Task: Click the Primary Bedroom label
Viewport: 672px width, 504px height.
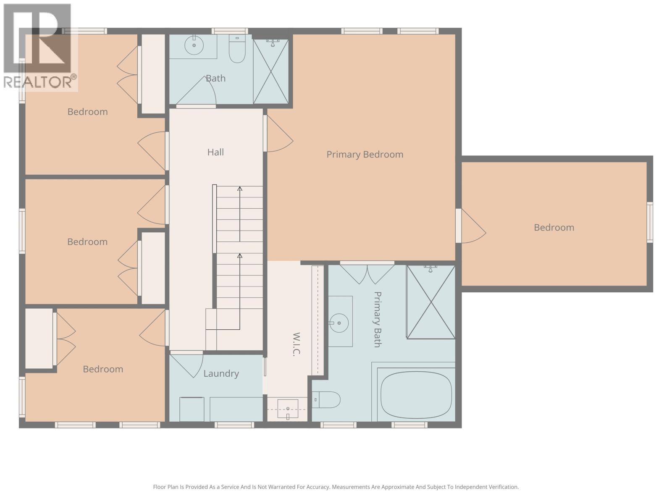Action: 365,154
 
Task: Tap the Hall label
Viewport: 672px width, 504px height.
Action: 215,152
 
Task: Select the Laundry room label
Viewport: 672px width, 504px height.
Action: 221,373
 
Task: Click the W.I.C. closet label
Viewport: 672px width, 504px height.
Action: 296,344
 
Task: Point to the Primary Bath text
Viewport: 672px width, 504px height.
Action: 377,319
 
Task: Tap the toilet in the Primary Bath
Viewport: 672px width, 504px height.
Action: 327,399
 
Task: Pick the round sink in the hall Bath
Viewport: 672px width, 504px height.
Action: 194,45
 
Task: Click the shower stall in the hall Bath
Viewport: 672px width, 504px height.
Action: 271,71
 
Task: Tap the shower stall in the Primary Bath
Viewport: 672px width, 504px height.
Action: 431,302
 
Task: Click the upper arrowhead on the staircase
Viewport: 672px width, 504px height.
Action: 240,189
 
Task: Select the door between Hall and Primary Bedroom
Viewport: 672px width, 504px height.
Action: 277,134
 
